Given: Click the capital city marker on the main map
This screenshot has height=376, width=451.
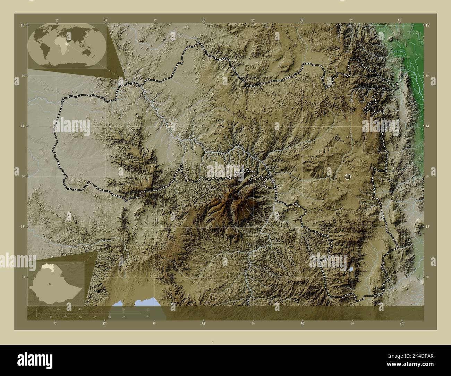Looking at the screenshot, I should tap(348, 177).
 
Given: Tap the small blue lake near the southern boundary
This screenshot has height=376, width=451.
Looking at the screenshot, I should tap(352, 269).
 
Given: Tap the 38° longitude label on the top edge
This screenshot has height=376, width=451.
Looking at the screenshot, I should tap(204, 20).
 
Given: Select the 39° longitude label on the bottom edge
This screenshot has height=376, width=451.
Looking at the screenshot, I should tap(303, 324).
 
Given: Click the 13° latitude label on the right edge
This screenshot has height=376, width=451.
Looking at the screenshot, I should tap(428, 227).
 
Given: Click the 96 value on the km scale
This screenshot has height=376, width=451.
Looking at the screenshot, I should tap(124, 309).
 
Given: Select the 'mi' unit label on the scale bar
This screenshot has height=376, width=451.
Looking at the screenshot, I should tap(148, 316).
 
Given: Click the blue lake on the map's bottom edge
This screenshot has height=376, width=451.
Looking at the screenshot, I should tap(139, 302).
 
